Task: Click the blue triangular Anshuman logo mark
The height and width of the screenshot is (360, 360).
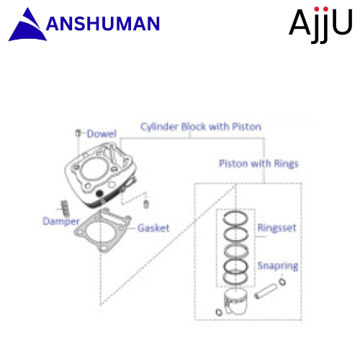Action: pos(29,27)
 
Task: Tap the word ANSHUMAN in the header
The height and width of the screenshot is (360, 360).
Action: pos(103,24)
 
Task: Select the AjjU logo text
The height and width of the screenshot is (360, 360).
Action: pos(320,24)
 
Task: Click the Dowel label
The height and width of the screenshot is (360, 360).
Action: pos(102,134)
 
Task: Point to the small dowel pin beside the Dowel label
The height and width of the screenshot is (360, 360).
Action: pos(78,132)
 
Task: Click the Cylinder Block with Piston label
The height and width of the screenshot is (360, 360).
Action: pos(201,127)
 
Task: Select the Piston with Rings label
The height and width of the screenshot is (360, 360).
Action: pos(258,163)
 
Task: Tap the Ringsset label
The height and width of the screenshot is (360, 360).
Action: pos(277,228)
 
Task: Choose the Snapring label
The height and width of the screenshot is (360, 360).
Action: pos(278,266)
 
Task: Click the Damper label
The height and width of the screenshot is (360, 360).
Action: pos(61,221)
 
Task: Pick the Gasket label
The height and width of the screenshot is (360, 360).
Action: pos(153,228)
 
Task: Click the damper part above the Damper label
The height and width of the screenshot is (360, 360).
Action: pos(65,208)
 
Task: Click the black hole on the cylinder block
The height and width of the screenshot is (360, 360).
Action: pos(99,193)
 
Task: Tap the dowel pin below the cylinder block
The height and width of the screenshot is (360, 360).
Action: pos(146,204)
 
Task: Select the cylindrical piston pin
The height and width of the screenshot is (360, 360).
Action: pos(266,291)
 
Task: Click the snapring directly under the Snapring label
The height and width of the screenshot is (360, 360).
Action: pos(282,282)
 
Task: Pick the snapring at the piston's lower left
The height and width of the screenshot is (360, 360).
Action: pos(219,312)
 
